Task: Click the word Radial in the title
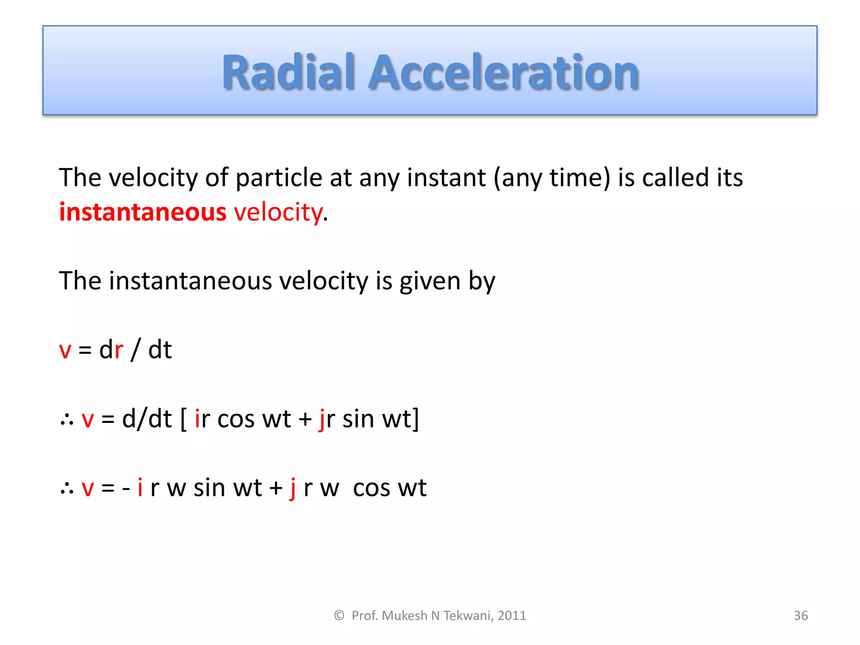pyautogui.click(x=289, y=72)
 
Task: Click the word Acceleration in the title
pyautogui.click(x=503, y=72)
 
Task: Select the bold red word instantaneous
pyautogui.click(x=143, y=212)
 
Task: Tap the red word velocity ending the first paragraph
pyautogui.click(x=278, y=212)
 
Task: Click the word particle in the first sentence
pyautogui.click(x=279, y=178)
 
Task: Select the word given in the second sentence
pyautogui.click(x=430, y=281)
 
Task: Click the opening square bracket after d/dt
pyautogui.click(x=184, y=419)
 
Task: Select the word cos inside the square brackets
pyautogui.click(x=236, y=419)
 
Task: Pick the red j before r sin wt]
pyautogui.click(x=322, y=419)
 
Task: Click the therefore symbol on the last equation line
pyautogui.click(x=67, y=488)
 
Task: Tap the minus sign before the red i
pyautogui.click(x=126, y=488)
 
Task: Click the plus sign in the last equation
pyautogui.click(x=276, y=488)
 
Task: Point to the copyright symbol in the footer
pyautogui.click(x=339, y=616)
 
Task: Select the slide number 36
pyautogui.click(x=800, y=616)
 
